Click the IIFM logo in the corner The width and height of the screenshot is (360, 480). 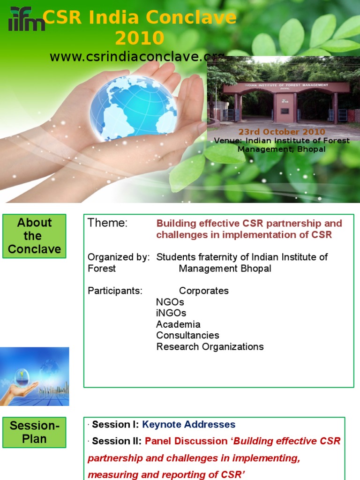pos(26,20)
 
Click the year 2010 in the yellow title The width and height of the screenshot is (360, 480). pos(139,38)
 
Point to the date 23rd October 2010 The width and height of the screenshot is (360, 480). pos(281,132)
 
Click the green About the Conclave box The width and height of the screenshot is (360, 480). pos(34,236)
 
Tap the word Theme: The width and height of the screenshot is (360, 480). pos(107,223)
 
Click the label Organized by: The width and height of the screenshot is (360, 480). pos(119,257)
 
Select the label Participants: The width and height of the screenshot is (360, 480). pos(115,291)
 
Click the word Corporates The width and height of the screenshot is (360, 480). pos(204,291)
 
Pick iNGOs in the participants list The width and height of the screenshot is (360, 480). pos(171,313)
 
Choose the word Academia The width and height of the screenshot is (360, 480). pos(178,324)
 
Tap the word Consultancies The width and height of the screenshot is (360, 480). pos(187,336)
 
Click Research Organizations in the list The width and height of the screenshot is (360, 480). pos(210,347)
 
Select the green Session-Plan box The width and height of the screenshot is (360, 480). pos(34,432)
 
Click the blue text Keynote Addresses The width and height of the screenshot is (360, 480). pos(188,425)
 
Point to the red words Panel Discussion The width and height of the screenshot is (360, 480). pos(186,441)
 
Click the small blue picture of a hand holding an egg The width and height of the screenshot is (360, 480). pos(34,376)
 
